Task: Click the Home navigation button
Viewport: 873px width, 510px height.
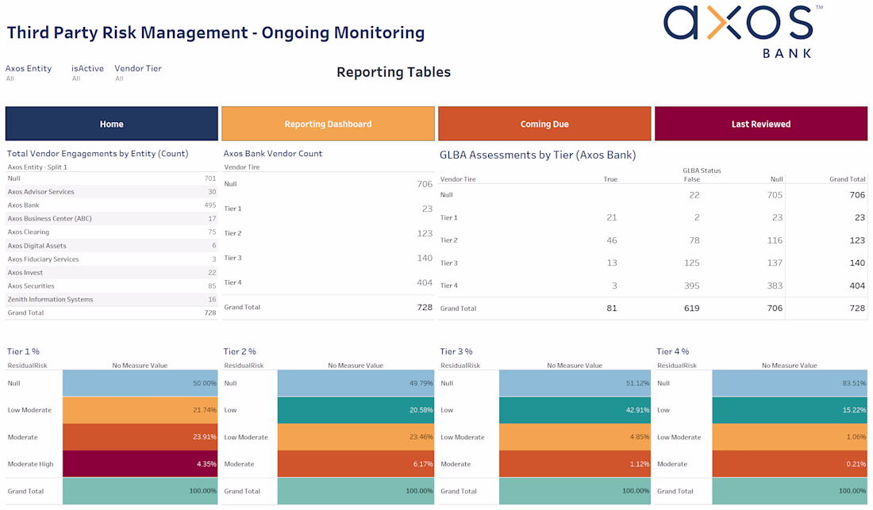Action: [x=111, y=124]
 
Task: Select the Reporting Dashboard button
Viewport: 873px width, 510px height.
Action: [x=328, y=124]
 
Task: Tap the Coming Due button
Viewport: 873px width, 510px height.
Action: [x=544, y=124]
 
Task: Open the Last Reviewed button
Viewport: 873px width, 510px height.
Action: [x=760, y=124]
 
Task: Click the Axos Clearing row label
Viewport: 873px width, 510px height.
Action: [x=29, y=232]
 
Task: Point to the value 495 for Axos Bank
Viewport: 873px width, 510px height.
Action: [x=210, y=205]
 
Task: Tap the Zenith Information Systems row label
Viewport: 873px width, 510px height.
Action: [x=51, y=300]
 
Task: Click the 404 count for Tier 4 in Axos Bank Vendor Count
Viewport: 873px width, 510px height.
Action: [x=425, y=282]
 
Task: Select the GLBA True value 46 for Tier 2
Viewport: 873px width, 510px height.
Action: [x=611, y=240]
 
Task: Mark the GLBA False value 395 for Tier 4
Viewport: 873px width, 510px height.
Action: [x=691, y=286]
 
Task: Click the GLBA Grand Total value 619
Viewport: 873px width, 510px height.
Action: [x=691, y=309]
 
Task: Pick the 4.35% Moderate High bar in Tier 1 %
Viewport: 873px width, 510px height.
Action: [x=140, y=464]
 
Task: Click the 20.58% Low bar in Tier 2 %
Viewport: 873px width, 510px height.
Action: [x=356, y=410]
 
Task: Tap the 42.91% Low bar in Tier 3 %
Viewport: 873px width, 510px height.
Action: [x=575, y=410]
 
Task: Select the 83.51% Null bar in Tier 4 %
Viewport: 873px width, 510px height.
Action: [x=790, y=383]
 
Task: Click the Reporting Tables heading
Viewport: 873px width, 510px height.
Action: [x=394, y=72]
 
